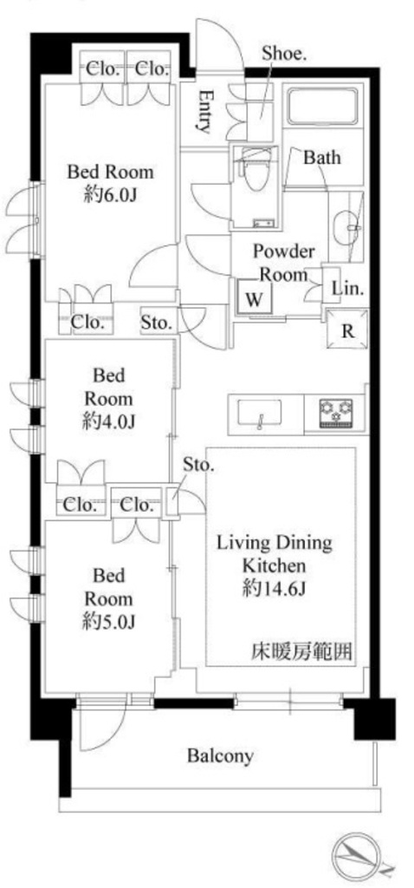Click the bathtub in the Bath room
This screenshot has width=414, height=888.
324,106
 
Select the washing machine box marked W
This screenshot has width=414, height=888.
255,297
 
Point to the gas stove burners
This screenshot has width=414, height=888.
336,412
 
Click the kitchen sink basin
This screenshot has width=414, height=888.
260,414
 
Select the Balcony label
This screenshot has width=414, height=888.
221,755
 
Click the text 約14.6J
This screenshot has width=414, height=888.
275,589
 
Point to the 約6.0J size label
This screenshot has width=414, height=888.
111,195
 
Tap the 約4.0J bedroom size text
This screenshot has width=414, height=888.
108,421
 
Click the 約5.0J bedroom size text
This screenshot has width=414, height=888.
108,622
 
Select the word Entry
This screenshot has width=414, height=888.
205,112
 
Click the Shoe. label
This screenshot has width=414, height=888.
284,54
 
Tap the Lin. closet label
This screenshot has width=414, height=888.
346,288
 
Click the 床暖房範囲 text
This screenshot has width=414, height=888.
301,652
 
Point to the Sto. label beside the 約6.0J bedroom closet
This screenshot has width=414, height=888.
156,323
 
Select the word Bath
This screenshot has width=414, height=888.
322,157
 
